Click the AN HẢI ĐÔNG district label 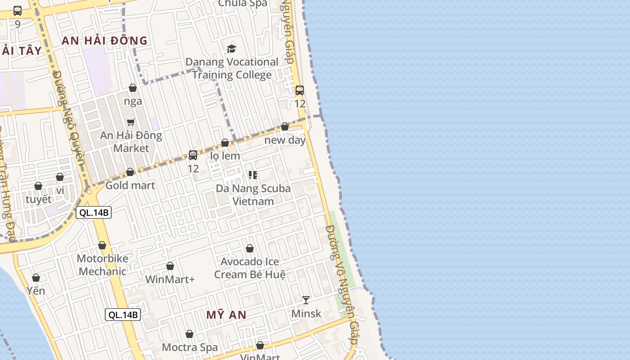[104, 40]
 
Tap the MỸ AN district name [226, 315]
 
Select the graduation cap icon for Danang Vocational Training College [231, 49]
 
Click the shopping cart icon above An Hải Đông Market [131, 122]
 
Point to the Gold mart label [130, 185]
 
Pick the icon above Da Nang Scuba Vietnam [253, 175]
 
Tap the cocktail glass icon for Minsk [306, 300]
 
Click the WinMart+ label [170, 279]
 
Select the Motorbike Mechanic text [103, 265]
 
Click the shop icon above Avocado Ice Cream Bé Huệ [250, 248]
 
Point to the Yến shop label [36, 291]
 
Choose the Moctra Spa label [189, 347]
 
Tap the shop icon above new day [285, 126]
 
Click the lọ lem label [225, 156]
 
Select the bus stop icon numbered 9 [18, 11]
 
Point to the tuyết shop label [39, 199]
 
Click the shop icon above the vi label [60, 177]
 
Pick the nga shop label [133, 101]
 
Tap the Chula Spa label [243, 4]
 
